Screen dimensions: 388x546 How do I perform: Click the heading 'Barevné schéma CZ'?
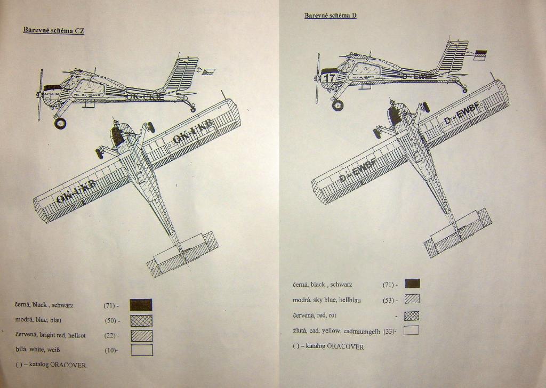53,30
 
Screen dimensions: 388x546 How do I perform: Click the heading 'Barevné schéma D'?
331,15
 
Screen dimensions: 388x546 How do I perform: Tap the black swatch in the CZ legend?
141,305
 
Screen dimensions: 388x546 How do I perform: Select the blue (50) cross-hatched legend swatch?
141,320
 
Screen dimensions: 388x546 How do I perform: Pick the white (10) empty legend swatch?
142,350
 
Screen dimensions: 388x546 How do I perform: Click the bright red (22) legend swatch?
141,335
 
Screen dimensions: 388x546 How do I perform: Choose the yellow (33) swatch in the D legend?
411,330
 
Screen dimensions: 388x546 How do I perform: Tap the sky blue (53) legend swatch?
412,299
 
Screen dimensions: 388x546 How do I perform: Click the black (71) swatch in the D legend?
412,284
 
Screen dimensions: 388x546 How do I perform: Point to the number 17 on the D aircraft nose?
330,78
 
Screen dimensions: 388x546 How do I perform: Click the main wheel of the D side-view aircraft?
338,105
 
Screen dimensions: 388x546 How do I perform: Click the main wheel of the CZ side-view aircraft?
60,123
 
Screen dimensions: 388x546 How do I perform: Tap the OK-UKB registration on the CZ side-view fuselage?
144,96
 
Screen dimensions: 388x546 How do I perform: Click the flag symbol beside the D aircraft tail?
480,54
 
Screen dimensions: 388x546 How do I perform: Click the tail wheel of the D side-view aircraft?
464,90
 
